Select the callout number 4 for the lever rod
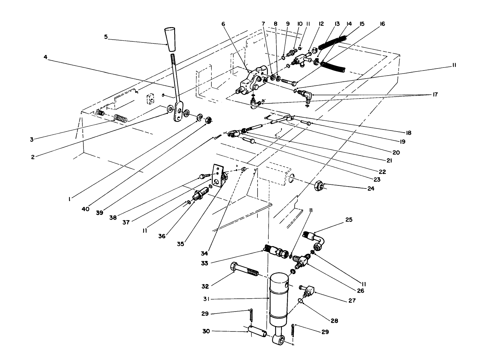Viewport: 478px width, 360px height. pyautogui.click(x=45, y=57)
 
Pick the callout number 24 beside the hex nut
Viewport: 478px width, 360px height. pyautogui.click(x=370, y=188)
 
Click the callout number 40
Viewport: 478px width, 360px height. pyautogui.click(x=85, y=209)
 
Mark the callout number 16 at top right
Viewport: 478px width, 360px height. pyautogui.click(x=383, y=24)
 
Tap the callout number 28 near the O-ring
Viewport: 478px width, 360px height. pyautogui.click(x=334, y=320)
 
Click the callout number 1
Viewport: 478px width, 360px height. pyautogui.click(x=69, y=199)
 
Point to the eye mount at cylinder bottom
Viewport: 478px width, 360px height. pyautogui.click(x=279, y=340)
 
